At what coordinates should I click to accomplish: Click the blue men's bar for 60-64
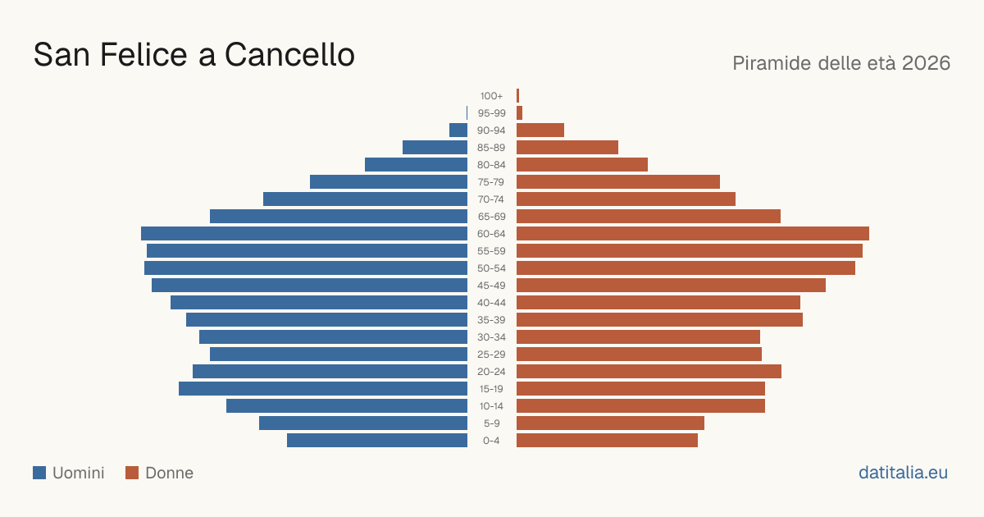304,233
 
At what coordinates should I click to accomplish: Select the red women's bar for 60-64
693,233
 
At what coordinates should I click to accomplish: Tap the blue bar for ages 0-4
377,441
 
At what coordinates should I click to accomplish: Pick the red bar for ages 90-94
540,130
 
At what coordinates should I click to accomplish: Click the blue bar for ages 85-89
435,147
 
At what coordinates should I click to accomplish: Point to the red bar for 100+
518,96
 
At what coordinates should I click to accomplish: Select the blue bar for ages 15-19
323,389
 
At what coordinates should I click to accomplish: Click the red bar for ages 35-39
659,319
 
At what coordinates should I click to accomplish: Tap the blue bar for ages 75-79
389,182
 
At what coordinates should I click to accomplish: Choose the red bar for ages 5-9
610,423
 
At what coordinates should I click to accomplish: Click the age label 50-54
491,268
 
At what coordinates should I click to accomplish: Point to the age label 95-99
491,113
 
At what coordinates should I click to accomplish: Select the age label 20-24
491,372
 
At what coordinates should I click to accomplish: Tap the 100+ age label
491,96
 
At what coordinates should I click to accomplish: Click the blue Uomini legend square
39,473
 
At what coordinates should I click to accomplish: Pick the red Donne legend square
132,473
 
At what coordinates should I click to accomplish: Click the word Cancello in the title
290,55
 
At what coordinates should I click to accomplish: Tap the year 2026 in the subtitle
926,63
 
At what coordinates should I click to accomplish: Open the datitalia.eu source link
903,473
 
